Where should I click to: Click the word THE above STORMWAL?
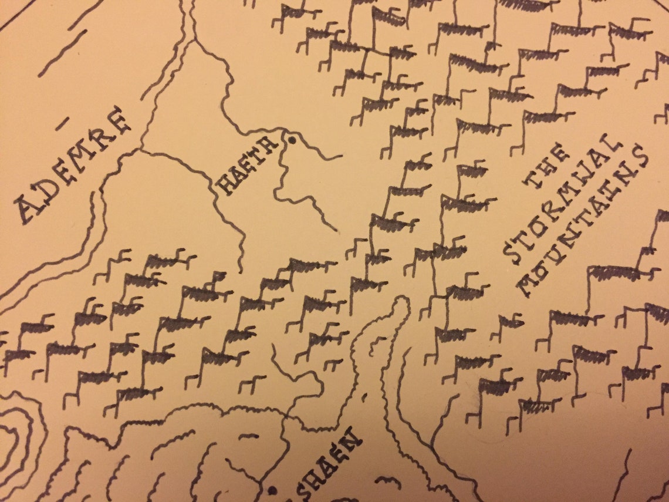[548, 167]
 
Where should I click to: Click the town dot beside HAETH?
[290, 140]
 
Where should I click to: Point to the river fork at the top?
[191, 41]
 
